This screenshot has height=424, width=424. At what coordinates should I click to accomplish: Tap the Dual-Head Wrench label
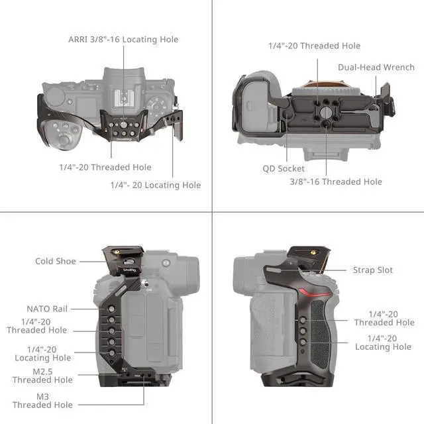[x=376, y=68]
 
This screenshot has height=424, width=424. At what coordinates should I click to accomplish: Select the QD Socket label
[x=283, y=168]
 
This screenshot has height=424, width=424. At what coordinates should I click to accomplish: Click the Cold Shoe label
[x=56, y=262]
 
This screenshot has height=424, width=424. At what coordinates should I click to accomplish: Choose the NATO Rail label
[x=47, y=309]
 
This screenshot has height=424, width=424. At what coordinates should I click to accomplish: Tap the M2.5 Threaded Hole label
[x=42, y=376]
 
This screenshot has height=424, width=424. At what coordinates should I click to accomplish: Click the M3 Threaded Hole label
[x=42, y=400]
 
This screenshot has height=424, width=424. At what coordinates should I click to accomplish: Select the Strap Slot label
[x=373, y=270]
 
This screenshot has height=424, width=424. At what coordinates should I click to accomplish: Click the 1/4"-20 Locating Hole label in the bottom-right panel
[x=383, y=343]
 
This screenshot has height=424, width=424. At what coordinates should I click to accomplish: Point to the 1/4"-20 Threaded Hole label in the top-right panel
[x=314, y=46]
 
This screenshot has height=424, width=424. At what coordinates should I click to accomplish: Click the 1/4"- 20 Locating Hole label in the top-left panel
[x=155, y=185]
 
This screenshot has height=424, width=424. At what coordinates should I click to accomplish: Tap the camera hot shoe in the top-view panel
[x=125, y=97]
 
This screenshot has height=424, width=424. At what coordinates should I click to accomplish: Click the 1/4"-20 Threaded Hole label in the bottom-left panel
[x=37, y=326]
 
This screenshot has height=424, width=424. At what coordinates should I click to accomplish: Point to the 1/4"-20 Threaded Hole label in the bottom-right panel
[x=384, y=318]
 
